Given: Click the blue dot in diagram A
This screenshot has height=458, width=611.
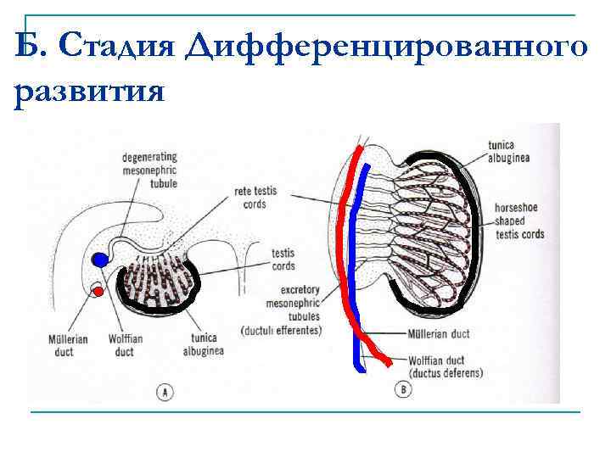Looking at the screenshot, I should (101, 259).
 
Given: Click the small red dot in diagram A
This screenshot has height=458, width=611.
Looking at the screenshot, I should (98, 292).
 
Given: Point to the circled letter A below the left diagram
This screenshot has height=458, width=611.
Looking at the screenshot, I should (165, 391).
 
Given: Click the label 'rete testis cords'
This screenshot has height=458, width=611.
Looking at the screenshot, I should (255, 198).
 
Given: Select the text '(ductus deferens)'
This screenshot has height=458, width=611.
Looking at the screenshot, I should (446, 373).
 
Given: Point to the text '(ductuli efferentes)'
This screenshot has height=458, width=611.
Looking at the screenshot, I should (281, 330).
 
